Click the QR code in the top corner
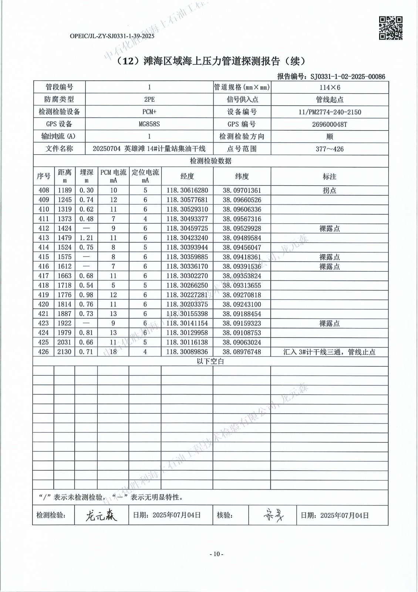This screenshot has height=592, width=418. point(391,28)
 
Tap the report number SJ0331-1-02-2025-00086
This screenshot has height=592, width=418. point(347,77)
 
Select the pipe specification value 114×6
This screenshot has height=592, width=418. point(330,87)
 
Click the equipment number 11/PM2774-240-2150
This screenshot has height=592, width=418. point(330,112)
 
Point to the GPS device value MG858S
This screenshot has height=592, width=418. point(149,124)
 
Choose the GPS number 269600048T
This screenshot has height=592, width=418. point(330,124)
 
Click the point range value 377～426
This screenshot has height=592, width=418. point(330,149)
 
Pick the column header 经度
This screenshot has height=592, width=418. point(187,176)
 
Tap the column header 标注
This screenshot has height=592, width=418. point(329,176)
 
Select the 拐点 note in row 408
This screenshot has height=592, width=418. point(329,191)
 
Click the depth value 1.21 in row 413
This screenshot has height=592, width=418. point(86,238)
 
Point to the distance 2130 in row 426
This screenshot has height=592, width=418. point(64,351)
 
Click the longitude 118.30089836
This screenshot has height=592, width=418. point(187,351)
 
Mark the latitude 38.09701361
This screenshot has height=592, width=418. point(242,191)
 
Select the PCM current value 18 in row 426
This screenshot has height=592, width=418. point(113,351)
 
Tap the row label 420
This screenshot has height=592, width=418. point(43,304)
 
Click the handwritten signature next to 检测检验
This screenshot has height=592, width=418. point(101,515)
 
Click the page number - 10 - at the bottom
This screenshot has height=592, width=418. point(216,554)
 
